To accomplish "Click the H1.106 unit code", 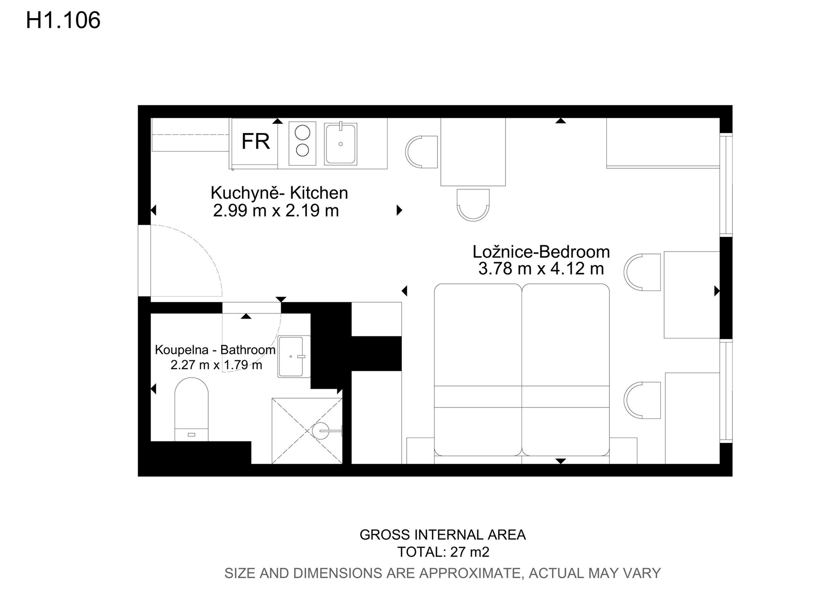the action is (63, 21).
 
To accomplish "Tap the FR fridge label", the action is (256, 141).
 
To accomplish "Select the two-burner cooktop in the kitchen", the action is (302, 143).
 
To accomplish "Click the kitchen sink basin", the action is (340, 144).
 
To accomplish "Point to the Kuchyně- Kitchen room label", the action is (279, 193).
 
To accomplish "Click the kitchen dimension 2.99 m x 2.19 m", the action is (276, 211).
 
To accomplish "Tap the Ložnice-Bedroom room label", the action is (541, 252).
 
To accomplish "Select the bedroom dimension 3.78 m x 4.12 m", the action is (541, 269).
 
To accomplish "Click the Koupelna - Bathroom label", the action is (215, 350).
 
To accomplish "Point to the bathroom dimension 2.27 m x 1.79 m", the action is (216, 365).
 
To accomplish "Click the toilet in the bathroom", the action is (192, 409).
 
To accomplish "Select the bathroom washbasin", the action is (294, 356).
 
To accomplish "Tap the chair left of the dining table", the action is (422, 151).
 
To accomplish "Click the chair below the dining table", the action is (473, 205).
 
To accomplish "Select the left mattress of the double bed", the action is (478, 370).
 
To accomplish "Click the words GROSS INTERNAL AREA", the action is (443, 535).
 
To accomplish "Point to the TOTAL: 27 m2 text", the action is (443, 552).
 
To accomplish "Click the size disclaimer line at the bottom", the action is (443, 573).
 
